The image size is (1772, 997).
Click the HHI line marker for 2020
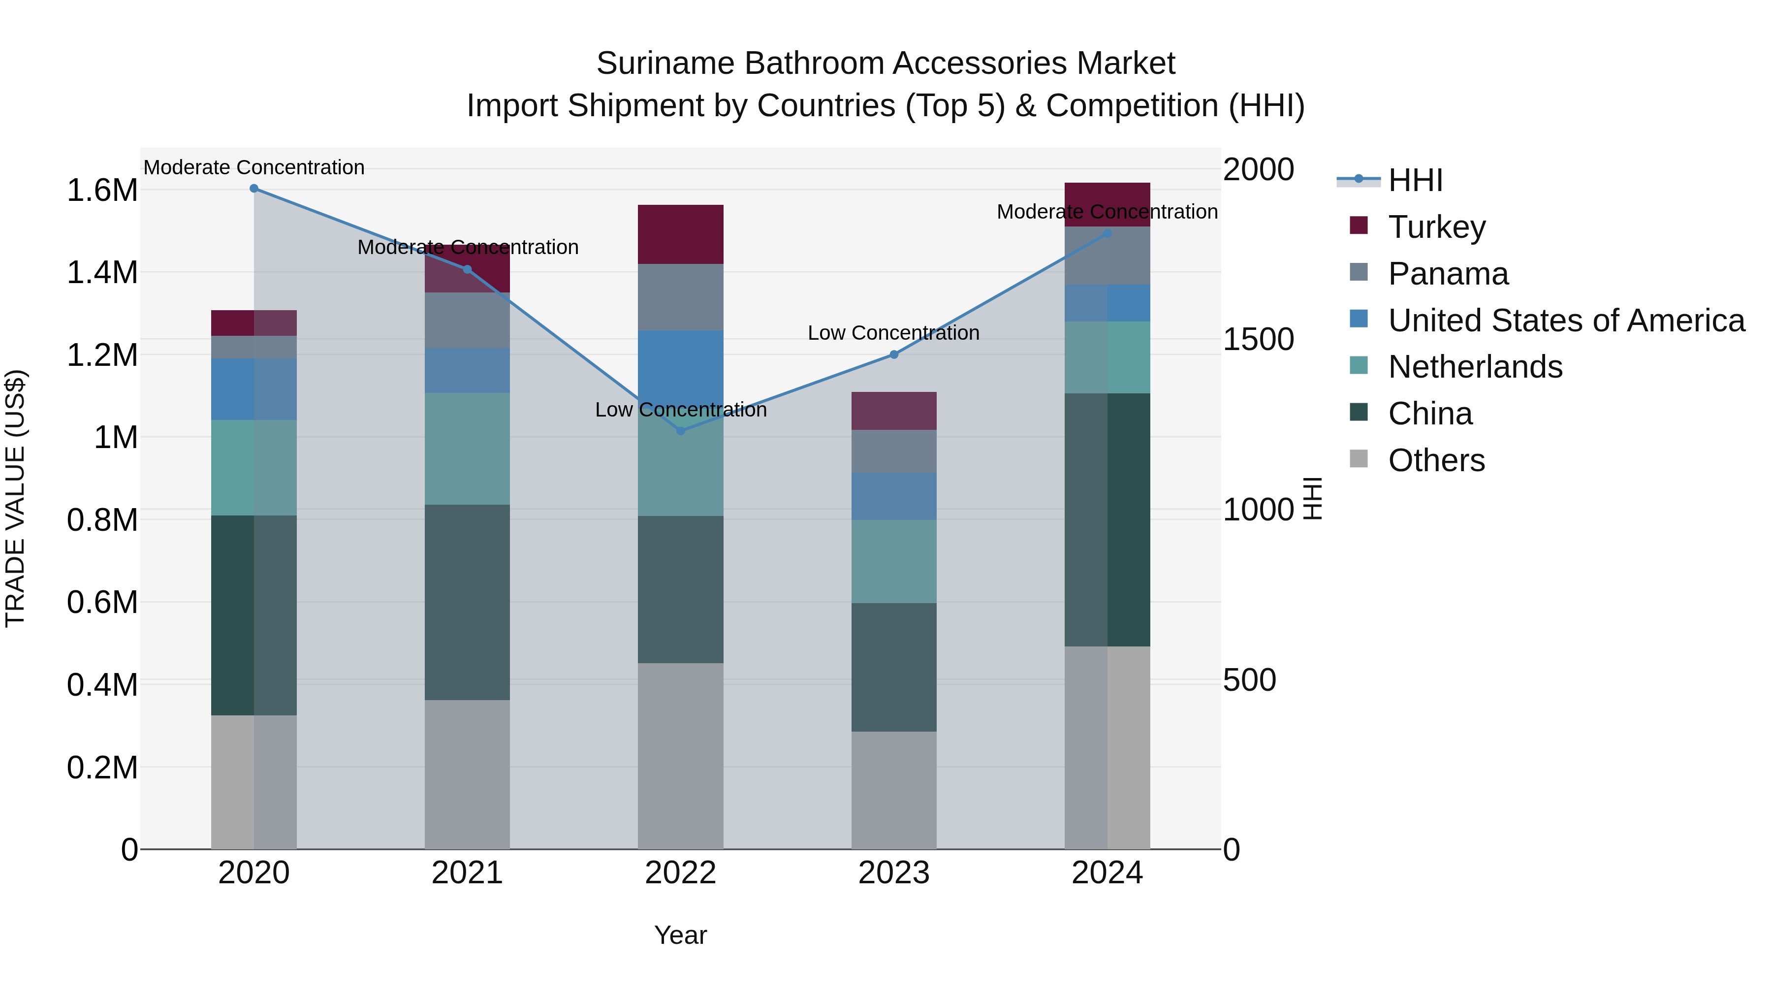click(254, 189)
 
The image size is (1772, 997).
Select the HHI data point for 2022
click(680, 431)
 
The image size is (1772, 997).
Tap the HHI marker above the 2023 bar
click(893, 355)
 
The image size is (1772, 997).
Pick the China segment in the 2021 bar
click(467, 602)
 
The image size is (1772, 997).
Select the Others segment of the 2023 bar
click(893, 790)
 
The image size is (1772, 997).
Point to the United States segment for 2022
click(680, 365)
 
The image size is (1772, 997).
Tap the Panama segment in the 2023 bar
click(893, 451)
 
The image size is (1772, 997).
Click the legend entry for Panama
click(1448, 274)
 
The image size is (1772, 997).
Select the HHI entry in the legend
click(1415, 180)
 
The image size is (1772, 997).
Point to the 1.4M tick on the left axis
click(102, 272)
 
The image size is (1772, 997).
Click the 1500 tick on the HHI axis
click(1258, 339)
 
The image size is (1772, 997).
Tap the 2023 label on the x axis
click(893, 873)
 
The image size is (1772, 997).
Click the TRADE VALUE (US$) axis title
click(15, 498)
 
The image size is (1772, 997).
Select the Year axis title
click(680, 935)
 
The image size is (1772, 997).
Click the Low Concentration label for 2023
click(893, 333)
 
